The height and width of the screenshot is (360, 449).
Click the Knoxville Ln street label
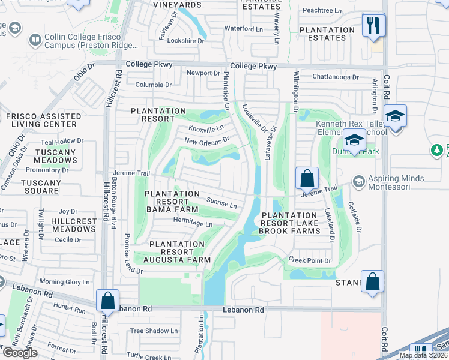coord(206,128)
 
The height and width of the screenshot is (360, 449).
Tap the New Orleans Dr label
coord(207,141)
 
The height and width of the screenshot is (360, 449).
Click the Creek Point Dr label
coord(310,261)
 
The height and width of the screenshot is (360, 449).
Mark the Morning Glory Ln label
coord(64,282)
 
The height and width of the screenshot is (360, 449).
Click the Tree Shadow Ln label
coord(154,331)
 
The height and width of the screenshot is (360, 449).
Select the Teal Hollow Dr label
coord(62,142)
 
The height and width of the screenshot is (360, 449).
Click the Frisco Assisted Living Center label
coord(43,120)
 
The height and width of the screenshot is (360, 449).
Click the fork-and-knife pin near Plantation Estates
coord(373,26)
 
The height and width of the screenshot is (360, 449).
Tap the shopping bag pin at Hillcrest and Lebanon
coord(107,301)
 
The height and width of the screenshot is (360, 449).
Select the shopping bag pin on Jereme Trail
coord(307,178)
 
